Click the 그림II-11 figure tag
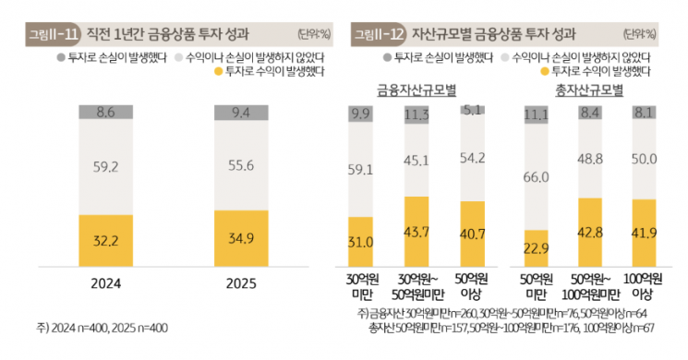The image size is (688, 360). tap(53, 35)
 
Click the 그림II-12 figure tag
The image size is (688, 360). tap(378, 35)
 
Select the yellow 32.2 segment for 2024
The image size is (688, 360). tap(104, 238)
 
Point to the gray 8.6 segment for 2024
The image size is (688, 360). tap(104, 113)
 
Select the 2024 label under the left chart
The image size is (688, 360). tap(104, 283)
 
